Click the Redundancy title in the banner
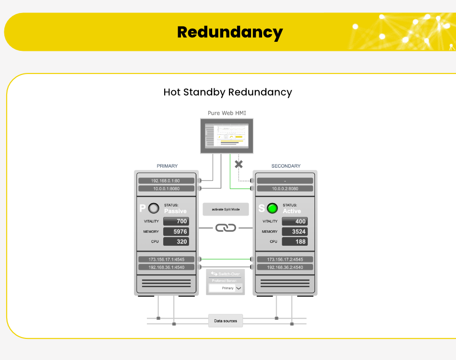pyautogui.click(x=229, y=32)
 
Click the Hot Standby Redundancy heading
pyautogui.click(x=228, y=92)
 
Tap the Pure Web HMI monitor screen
pyautogui.click(x=228, y=136)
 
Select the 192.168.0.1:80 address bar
pyautogui.click(x=166, y=181)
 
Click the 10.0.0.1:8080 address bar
pyautogui.click(x=166, y=189)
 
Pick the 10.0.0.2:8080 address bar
pyautogui.click(x=285, y=189)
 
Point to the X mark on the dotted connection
pyautogui.click(x=239, y=164)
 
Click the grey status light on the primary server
pyautogui.click(x=154, y=208)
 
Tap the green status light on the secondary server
pyautogui.click(x=273, y=208)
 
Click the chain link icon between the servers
pyautogui.click(x=226, y=228)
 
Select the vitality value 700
pyautogui.click(x=176, y=221)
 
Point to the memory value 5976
pyautogui.click(x=176, y=231)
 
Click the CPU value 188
pyautogui.click(x=295, y=241)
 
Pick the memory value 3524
pyautogui.click(x=295, y=231)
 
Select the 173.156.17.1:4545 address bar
pyautogui.click(x=166, y=259)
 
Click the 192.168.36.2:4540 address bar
pyautogui.click(x=285, y=267)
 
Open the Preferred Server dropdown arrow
pyautogui.click(x=239, y=288)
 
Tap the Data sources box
pyautogui.click(x=226, y=321)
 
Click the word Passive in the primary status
pyautogui.click(x=175, y=211)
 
